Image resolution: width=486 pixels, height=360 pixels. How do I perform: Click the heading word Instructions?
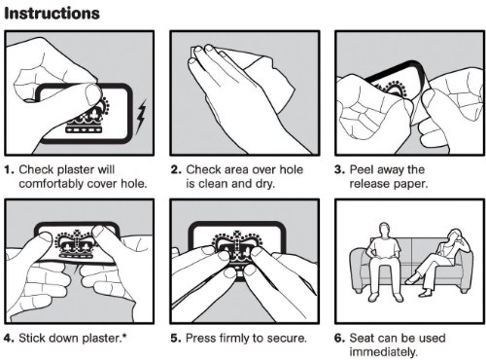pyautogui.click(x=52, y=14)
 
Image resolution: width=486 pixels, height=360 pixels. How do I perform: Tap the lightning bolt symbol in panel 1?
pyautogui.click(x=141, y=116)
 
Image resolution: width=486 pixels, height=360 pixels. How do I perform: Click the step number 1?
pyautogui.click(x=9, y=169)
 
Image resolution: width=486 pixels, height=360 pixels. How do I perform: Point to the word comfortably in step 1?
pyautogui.click(x=52, y=184)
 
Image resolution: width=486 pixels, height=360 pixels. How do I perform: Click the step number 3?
pyautogui.click(x=339, y=169)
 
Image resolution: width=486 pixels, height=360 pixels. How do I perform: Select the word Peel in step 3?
pyautogui.click(x=362, y=169)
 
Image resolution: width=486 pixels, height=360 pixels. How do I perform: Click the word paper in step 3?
pyautogui.click(x=411, y=184)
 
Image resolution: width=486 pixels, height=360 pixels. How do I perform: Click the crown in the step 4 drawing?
pyautogui.click(x=76, y=245)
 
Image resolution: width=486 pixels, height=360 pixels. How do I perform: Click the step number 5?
pyautogui.click(x=175, y=339)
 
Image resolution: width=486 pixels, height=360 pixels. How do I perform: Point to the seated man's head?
pyautogui.click(x=384, y=230)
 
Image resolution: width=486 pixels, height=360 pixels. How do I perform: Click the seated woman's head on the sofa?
pyautogui.click(x=453, y=235)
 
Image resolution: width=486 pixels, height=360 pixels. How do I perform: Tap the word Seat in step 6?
pyautogui.click(x=362, y=338)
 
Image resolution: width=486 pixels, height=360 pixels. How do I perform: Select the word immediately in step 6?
pyautogui.click(x=384, y=352)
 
